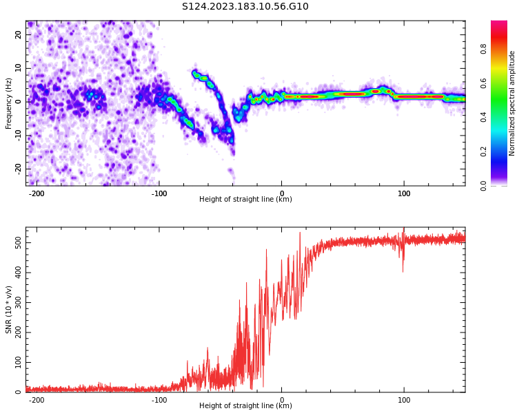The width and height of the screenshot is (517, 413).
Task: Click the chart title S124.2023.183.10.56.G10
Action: pos(245,7)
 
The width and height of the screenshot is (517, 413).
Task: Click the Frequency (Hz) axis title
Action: pos(9,102)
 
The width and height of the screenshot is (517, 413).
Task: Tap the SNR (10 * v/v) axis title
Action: pos(9,310)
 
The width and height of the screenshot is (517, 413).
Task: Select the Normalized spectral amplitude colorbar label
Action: pos(512,103)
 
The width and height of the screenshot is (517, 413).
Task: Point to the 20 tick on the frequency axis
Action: pos(19,34)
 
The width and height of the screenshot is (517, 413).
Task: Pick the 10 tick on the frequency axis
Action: pos(19,68)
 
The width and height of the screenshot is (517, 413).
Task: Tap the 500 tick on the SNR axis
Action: pos(14,243)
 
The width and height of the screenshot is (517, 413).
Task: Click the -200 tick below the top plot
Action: pos(37,193)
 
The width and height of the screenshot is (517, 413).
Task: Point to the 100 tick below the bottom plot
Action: pos(404,400)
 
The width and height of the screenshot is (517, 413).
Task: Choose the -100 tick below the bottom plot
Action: pos(159,400)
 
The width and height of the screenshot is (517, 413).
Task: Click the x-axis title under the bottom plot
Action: pos(245,406)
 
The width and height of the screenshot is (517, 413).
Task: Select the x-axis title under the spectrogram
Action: pos(245,200)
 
